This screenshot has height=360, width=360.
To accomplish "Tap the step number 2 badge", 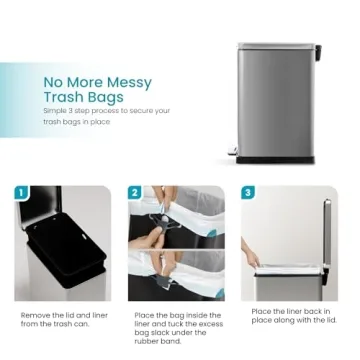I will pos(136,193).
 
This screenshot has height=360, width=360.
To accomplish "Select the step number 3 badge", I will pos(249,192).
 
